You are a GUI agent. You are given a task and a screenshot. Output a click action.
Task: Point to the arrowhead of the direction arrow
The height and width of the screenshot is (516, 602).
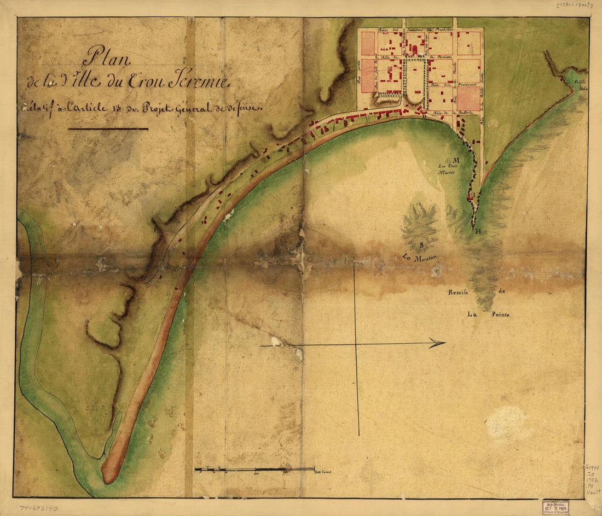coord(438,343)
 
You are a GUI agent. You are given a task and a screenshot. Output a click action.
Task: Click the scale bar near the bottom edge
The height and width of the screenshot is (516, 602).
coord(254,469)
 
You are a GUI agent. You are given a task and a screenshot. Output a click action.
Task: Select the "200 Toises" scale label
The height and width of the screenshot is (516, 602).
coord(324,472)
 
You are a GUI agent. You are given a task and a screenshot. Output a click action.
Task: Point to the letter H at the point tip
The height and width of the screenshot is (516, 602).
coord(478,231)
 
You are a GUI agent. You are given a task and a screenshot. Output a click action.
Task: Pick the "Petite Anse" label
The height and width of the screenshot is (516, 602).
coord(579,84)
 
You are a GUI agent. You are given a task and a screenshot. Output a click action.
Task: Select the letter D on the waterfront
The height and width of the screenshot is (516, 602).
coord(424,116)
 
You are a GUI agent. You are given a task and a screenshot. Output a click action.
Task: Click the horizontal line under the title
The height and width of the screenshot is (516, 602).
coord(108,129)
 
